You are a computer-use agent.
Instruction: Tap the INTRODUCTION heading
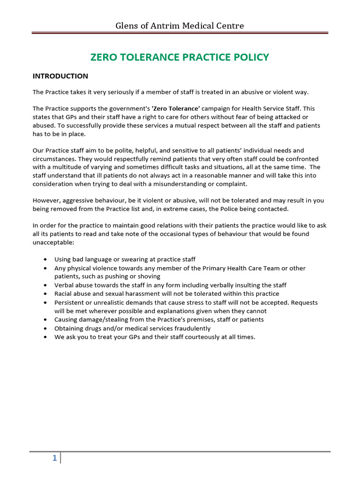[60, 76]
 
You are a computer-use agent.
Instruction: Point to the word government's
[129, 108]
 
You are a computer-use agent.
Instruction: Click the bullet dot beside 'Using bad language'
[45, 260]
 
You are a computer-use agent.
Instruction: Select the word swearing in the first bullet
[127, 260]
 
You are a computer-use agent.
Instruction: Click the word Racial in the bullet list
[64, 294]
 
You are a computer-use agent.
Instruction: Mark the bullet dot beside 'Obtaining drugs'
[45, 328]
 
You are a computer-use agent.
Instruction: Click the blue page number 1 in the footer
[54, 458]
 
